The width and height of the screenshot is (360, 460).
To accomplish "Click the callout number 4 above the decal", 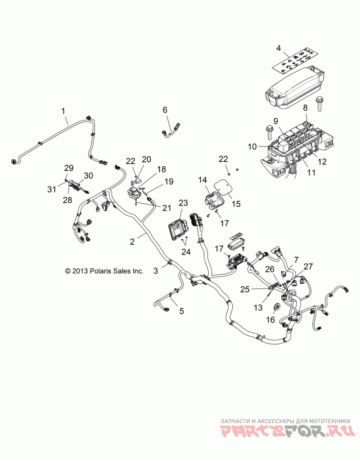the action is click(x=279, y=48).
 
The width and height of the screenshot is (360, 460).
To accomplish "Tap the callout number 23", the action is click(x=183, y=203).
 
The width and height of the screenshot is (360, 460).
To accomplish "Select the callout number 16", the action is click(x=270, y=319).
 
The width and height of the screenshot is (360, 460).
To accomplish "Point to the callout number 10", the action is click(x=252, y=147).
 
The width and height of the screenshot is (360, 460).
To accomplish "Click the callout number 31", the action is click(x=52, y=189).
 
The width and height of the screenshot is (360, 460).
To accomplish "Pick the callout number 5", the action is click(x=182, y=311).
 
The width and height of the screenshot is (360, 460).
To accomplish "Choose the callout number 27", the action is click(x=308, y=266).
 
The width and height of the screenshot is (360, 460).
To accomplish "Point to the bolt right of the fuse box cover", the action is click(x=319, y=103).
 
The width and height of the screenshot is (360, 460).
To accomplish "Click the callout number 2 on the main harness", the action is click(x=132, y=241).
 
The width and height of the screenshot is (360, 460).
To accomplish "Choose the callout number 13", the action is click(x=258, y=307).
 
